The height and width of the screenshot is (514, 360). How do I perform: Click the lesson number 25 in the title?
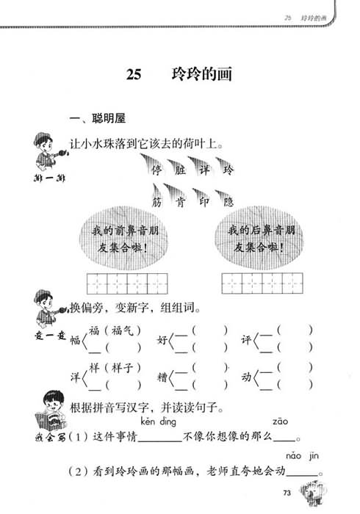click(x=134, y=74)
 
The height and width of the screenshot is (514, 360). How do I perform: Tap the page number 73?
click(x=287, y=493)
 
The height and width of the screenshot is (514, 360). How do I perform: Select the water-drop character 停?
click(x=156, y=170)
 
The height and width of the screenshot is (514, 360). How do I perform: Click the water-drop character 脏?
click(x=180, y=170)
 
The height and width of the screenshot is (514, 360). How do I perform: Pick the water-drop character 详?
click(x=204, y=170)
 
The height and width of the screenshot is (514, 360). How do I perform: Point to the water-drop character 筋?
click(x=156, y=202)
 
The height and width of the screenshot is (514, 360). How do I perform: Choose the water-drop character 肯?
click(x=180, y=202)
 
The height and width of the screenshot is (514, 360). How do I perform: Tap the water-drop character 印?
click(x=204, y=202)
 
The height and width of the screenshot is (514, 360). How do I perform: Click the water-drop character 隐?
click(x=228, y=202)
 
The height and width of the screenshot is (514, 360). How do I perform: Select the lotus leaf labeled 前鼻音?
click(x=124, y=239)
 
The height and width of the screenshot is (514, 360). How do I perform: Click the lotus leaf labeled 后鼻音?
click(x=259, y=239)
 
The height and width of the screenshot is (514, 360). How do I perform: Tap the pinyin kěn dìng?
click(x=159, y=421)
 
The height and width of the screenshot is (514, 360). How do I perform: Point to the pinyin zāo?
click(x=281, y=421)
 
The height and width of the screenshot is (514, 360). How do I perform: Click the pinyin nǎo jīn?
click(x=302, y=456)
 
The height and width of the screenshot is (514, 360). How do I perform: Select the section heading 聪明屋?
click(x=109, y=118)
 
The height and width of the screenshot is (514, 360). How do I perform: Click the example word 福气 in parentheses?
click(x=123, y=330)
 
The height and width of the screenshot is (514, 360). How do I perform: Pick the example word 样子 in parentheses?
click(x=123, y=368)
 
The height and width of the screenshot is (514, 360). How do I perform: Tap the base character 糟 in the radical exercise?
click(x=162, y=377)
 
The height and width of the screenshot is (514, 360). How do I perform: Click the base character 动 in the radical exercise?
click(x=247, y=377)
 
